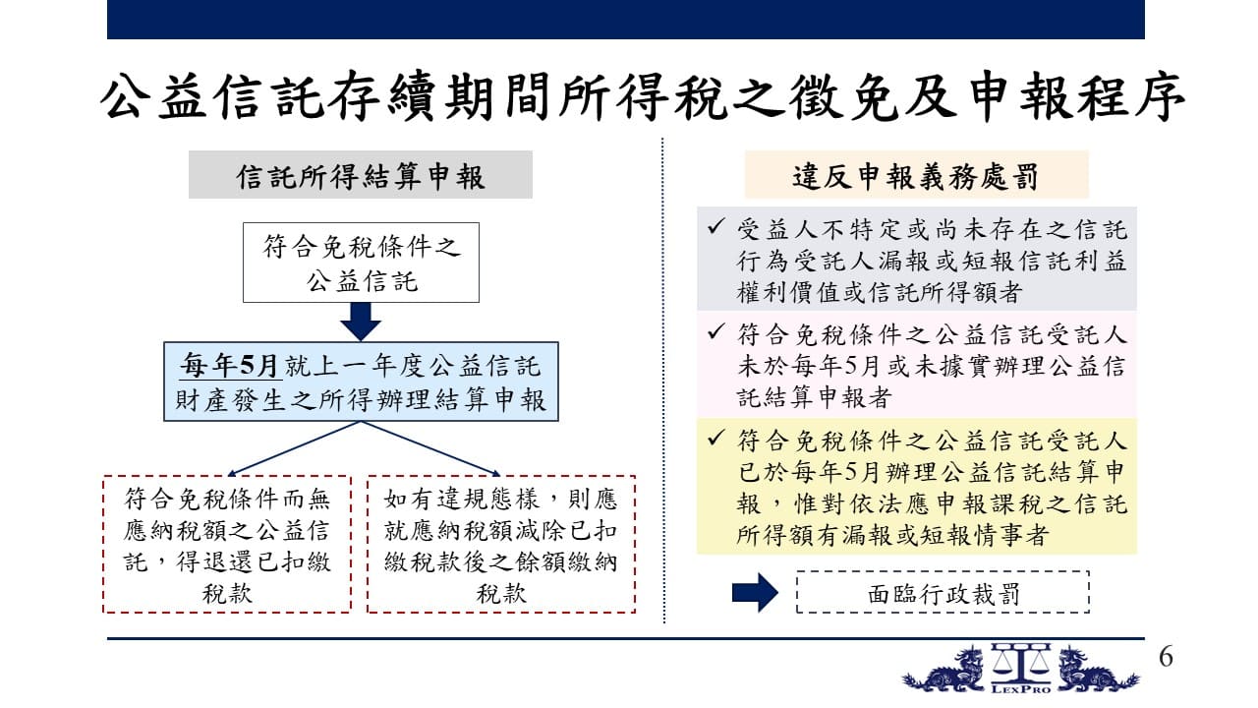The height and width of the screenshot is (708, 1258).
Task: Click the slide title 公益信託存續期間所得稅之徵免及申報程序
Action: [x=643, y=96]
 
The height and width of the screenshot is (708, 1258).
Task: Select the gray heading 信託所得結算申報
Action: [x=360, y=175]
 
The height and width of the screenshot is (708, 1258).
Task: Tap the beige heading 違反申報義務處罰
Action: [x=916, y=175]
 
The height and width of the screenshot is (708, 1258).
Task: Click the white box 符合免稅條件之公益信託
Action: [x=361, y=263]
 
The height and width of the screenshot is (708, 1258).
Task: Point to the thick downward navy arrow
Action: [x=361, y=322]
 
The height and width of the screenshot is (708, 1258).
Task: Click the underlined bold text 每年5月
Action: [x=230, y=365]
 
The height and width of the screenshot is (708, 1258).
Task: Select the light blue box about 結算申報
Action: [x=361, y=382]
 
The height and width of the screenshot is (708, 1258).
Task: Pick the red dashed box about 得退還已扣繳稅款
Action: [x=227, y=544]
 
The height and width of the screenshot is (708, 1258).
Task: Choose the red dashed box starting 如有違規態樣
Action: [x=501, y=544]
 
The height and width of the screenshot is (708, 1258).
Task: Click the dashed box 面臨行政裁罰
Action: [x=943, y=592]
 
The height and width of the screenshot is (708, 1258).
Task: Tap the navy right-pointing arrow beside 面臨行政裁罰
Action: [x=755, y=592]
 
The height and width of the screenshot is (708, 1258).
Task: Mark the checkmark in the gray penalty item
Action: [x=716, y=226]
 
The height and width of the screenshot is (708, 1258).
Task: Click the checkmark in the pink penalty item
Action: [x=716, y=331]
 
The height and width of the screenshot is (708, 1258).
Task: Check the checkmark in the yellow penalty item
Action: [x=716, y=438]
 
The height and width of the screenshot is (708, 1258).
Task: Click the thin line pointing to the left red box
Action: [x=294, y=448]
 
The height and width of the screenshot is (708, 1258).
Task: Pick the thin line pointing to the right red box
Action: [x=430, y=448]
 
